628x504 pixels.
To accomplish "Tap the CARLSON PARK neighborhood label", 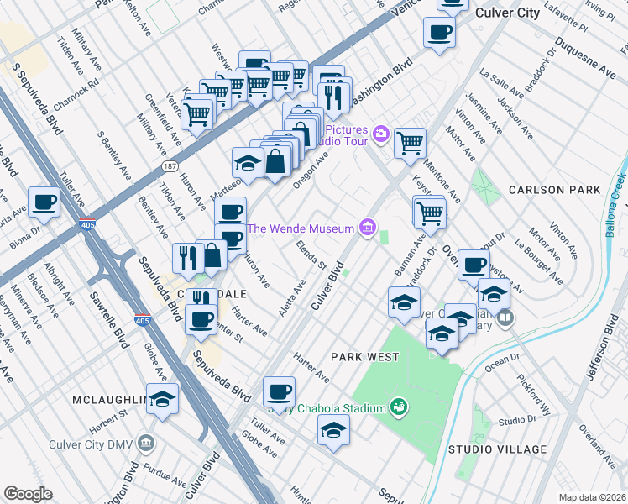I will click(554, 190).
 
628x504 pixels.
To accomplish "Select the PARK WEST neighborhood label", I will click(364, 357).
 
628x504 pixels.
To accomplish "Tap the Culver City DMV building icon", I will click(147, 441).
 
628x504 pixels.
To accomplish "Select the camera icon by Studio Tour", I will click(380, 134).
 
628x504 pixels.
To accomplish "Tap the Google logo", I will click(28, 493).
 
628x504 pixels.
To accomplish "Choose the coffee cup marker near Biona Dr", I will click(44, 202).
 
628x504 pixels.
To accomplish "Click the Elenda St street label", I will click(311, 255).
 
